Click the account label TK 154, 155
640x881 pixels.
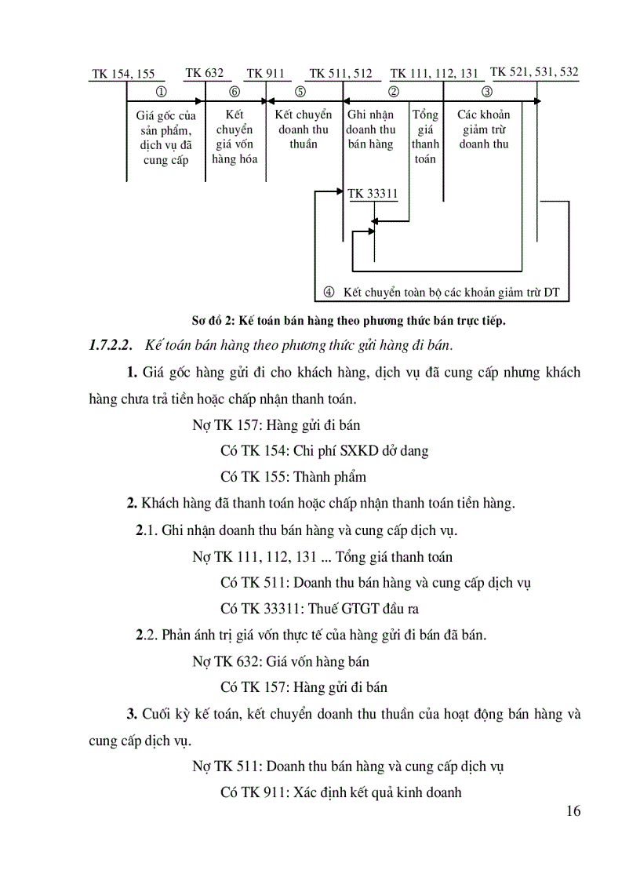point(123,75)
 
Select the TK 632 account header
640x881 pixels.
point(204,73)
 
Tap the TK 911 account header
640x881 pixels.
point(265,74)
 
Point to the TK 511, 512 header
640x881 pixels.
point(340,74)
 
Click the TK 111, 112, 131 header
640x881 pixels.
point(434,74)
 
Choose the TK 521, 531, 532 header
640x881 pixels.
point(534,72)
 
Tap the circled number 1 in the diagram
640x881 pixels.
point(162,92)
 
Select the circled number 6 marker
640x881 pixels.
point(234,92)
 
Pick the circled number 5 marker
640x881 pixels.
point(300,92)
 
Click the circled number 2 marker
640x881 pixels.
point(395,92)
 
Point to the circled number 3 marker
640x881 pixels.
point(486,92)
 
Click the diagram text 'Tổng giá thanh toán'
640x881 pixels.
point(425,137)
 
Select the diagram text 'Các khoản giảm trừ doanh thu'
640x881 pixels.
point(484,129)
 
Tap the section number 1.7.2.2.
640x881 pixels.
point(112,346)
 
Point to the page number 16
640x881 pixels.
point(573,811)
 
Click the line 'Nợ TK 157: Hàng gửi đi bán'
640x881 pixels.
point(276,425)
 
